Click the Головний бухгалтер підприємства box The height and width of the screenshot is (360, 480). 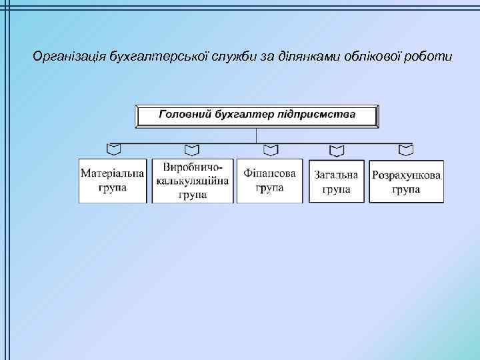click(257, 115)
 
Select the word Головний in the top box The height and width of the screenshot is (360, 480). click(184, 115)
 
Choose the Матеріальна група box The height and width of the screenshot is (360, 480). click(112, 181)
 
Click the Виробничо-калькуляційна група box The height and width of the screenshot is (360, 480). click(192, 181)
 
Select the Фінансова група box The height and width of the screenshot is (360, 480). click(269, 181)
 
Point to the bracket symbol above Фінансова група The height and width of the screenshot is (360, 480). click(270, 148)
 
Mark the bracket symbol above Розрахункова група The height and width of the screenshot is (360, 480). click(405, 148)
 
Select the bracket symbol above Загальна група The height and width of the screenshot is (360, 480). click(336, 148)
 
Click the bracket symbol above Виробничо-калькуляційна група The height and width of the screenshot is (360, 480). click(192, 148)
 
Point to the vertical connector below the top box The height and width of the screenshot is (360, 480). click(257, 135)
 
